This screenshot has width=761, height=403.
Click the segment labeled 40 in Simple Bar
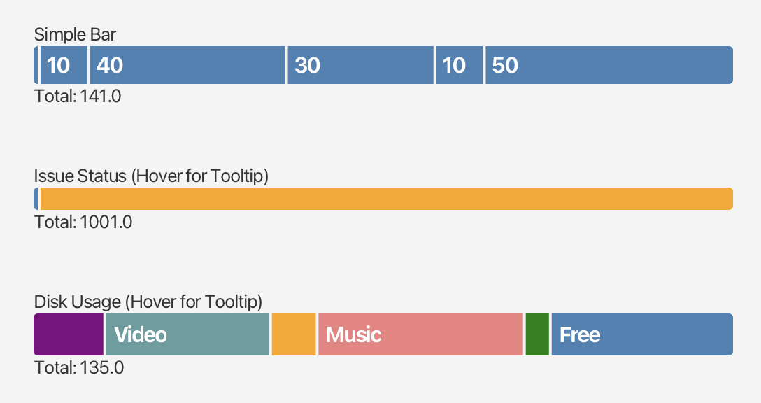coord(187,65)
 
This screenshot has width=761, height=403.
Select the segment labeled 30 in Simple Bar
coord(360,65)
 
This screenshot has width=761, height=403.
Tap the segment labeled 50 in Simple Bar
coord(609,65)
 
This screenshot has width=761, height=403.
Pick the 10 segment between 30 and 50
coord(459,65)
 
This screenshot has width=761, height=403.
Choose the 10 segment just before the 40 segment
coord(64,65)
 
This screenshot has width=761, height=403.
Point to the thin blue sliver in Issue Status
coord(36,199)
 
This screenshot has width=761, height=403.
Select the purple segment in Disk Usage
coord(69,334)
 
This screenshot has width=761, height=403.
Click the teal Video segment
coord(187,334)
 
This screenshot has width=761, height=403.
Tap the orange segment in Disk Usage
coord(294,334)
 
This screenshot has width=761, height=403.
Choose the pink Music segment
coord(420,334)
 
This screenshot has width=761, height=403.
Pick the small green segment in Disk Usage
coord(537,334)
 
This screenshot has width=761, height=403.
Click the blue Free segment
coord(641,334)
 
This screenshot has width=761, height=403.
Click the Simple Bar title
coord(76,34)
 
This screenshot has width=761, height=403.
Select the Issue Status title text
coord(151,176)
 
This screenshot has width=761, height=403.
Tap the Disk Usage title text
coord(148,302)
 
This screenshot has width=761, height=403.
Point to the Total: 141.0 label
coord(78,96)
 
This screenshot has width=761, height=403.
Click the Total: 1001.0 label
coord(83,222)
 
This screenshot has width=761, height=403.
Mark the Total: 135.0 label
coord(79,367)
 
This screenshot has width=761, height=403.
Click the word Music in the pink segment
coord(353,334)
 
